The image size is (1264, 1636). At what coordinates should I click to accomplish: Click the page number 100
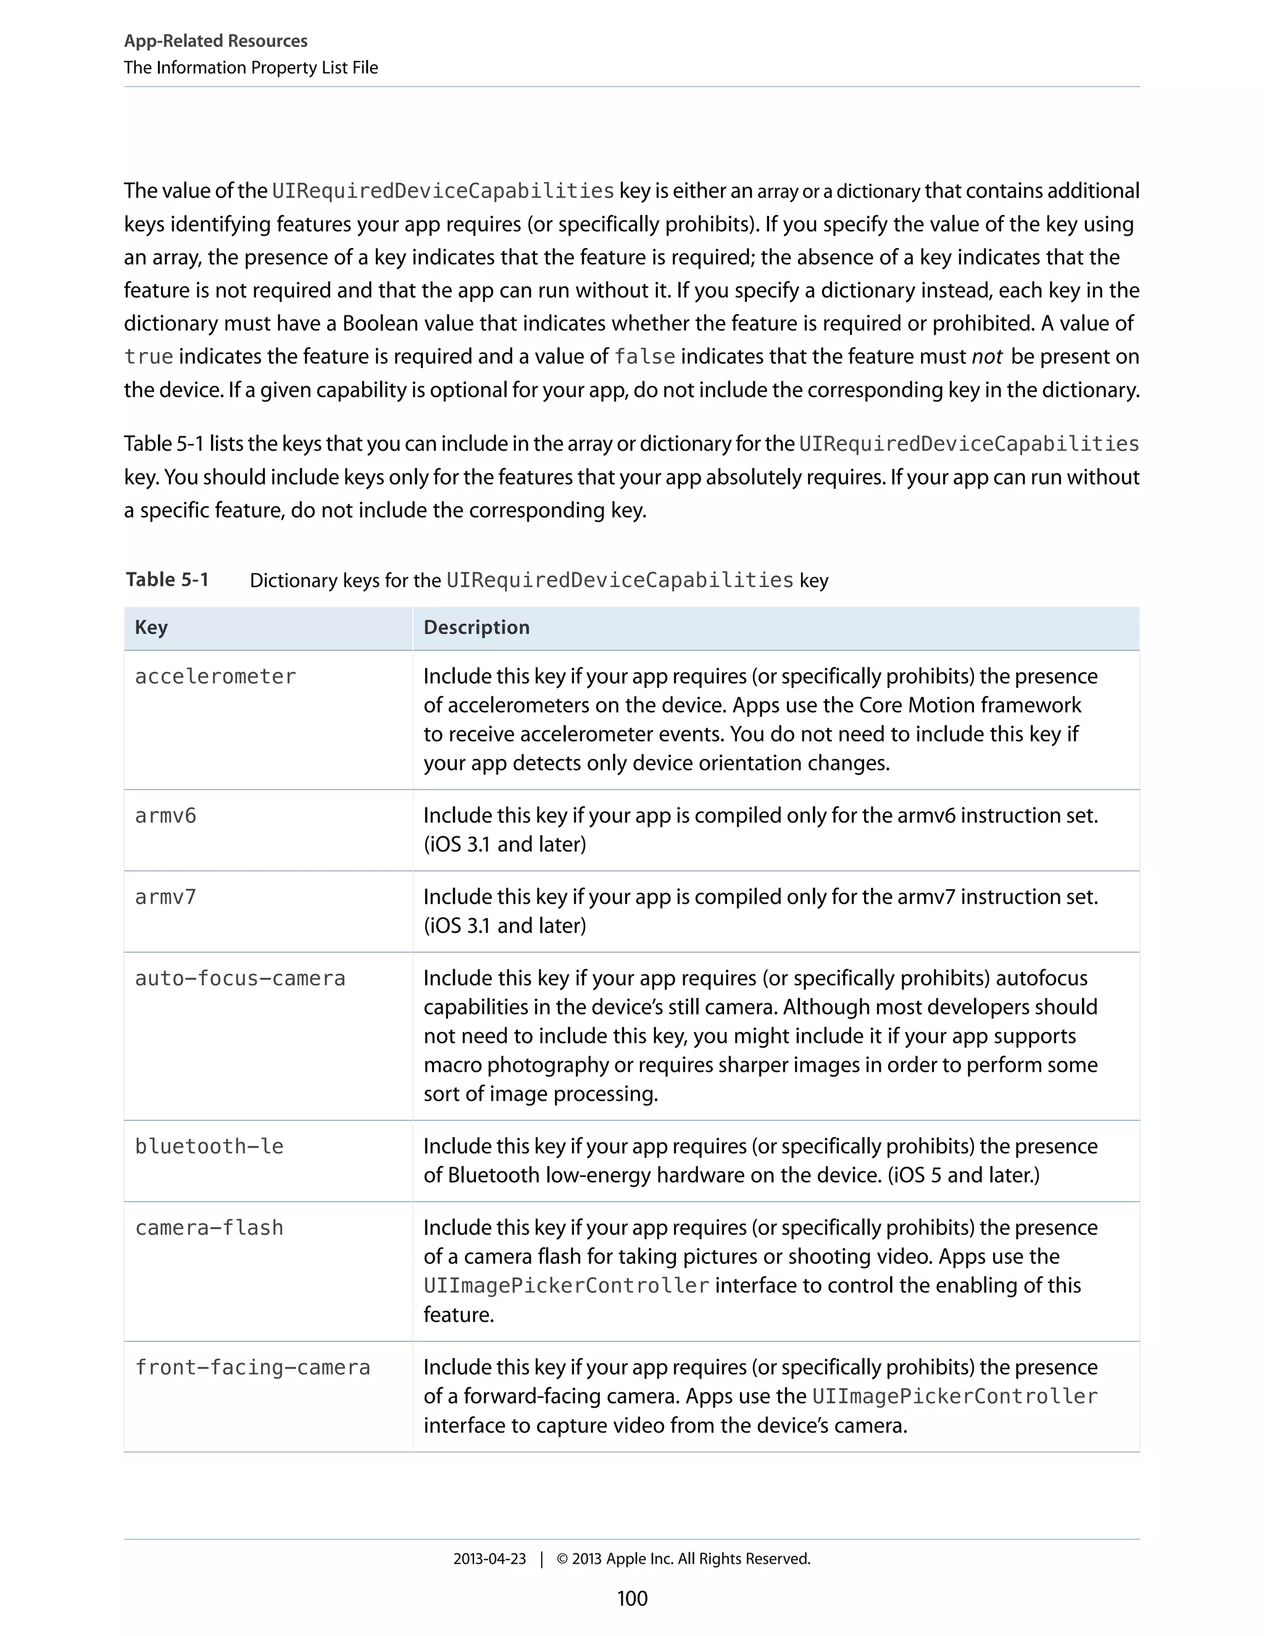[x=632, y=1598]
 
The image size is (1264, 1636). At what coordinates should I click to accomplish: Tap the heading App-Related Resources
[x=215, y=41]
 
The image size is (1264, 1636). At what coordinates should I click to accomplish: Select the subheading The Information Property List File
[x=251, y=67]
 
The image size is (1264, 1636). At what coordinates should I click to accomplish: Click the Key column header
[x=151, y=628]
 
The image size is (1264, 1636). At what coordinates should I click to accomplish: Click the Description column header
[x=476, y=628]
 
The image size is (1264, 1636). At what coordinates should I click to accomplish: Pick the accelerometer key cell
[x=215, y=677]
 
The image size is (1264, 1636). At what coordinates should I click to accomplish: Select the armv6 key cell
[x=165, y=815]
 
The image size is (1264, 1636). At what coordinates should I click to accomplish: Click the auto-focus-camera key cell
[x=239, y=979]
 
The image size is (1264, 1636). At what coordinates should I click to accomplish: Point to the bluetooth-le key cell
[x=209, y=1146]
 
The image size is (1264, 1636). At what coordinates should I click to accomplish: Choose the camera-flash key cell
[x=209, y=1228]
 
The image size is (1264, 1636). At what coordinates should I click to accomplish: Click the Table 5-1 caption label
[x=167, y=580]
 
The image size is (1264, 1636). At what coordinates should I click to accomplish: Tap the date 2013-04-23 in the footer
[x=489, y=1559]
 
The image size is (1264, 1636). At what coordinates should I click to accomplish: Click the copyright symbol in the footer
[x=562, y=1559]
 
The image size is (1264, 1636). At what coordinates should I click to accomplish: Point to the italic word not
[x=986, y=357]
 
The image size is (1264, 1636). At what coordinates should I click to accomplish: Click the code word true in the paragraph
[x=148, y=357]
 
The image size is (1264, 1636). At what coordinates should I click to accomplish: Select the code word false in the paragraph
[x=644, y=357]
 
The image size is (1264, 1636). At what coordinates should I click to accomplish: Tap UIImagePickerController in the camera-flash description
[x=566, y=1285]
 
